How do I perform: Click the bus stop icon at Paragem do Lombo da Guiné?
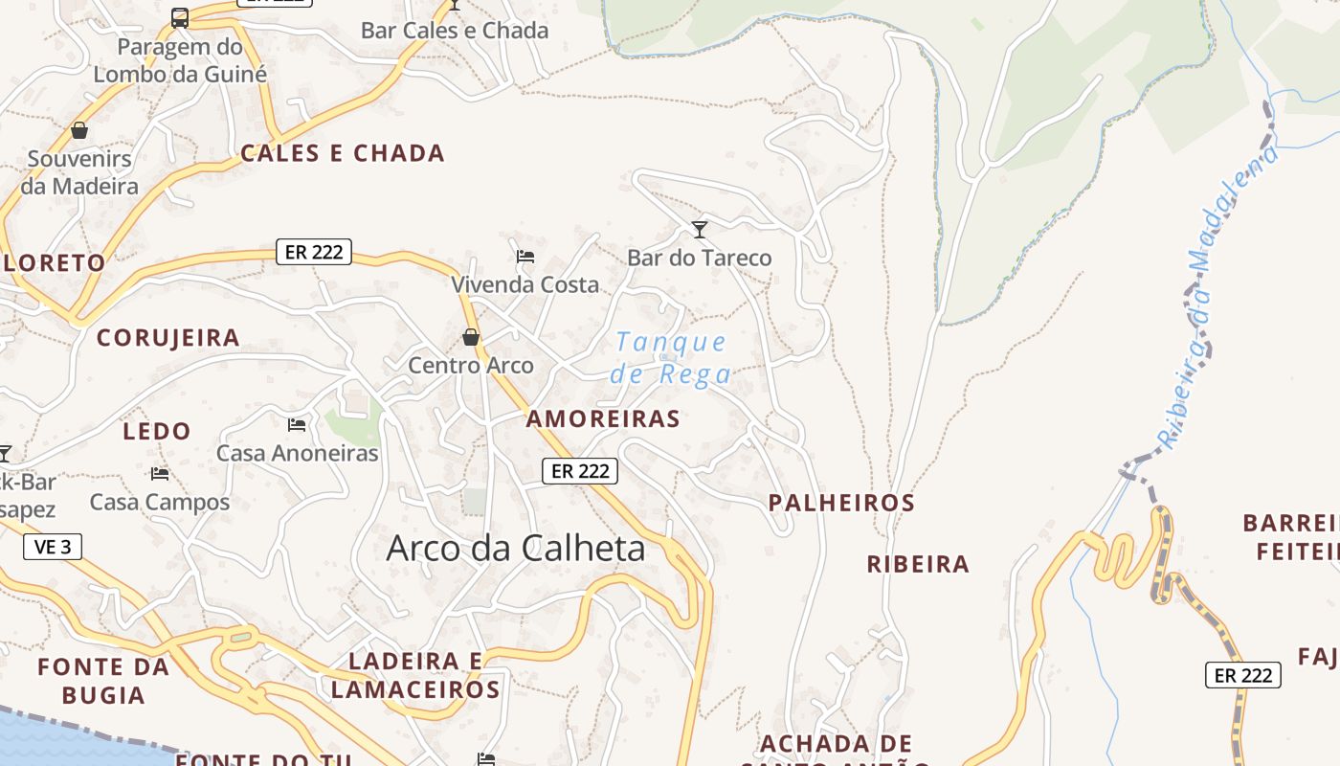(x=180, y=17)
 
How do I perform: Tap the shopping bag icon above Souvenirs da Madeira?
(x=79, y=129)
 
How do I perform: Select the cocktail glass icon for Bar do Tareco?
(x=700, y=229)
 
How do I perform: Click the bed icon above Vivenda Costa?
(x=525, y=256)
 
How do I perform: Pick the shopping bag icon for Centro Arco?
(x=470, y=337)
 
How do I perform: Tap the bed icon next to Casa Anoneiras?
(x=297, y=424)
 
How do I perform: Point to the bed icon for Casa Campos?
(x=159, y=473)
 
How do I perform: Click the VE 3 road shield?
(x=53, y=547)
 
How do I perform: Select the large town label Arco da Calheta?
(x=515, y=549)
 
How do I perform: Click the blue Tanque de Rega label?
(x=671, y=357)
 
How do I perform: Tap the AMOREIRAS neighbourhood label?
(x=603, y=418)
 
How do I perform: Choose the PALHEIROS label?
(x=842, y=503)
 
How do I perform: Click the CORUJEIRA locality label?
(x=168, y=338)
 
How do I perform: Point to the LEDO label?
(x=157, y=432)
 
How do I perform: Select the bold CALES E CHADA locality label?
(x=343, y=153)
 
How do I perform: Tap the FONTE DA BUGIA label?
(x=103, y=681)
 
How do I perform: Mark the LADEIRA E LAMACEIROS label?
(x=415, y=675)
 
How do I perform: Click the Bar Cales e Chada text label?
(x=455, y=31)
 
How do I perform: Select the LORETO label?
(x=53, y=263)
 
